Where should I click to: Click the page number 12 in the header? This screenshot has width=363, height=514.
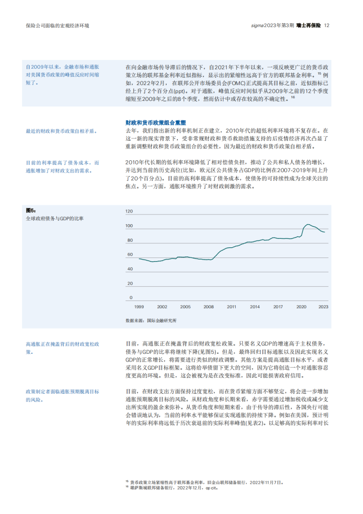click(x=327, y=25)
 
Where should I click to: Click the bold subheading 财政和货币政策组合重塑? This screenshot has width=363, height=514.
click(x=155, y=123)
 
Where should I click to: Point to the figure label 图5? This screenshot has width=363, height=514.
click(x=31, y=210)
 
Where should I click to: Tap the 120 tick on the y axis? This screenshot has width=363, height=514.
click(x=129, y=211)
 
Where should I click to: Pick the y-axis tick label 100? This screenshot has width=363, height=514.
click(x=129, y=226)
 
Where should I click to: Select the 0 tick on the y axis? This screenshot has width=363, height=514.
click(x=131, y=297)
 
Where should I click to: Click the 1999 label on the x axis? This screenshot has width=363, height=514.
click(x=139, y=307)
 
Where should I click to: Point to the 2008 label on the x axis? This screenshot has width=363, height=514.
click(x=209, y=307)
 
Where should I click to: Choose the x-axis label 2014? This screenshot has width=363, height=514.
click(x=255, y=307)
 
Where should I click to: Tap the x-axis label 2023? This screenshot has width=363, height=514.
click(x=324, y=307)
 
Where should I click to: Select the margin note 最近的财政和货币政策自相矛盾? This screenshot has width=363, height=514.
click(x=61, y=132)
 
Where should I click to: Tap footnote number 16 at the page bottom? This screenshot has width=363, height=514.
click(x=127, y=487)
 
